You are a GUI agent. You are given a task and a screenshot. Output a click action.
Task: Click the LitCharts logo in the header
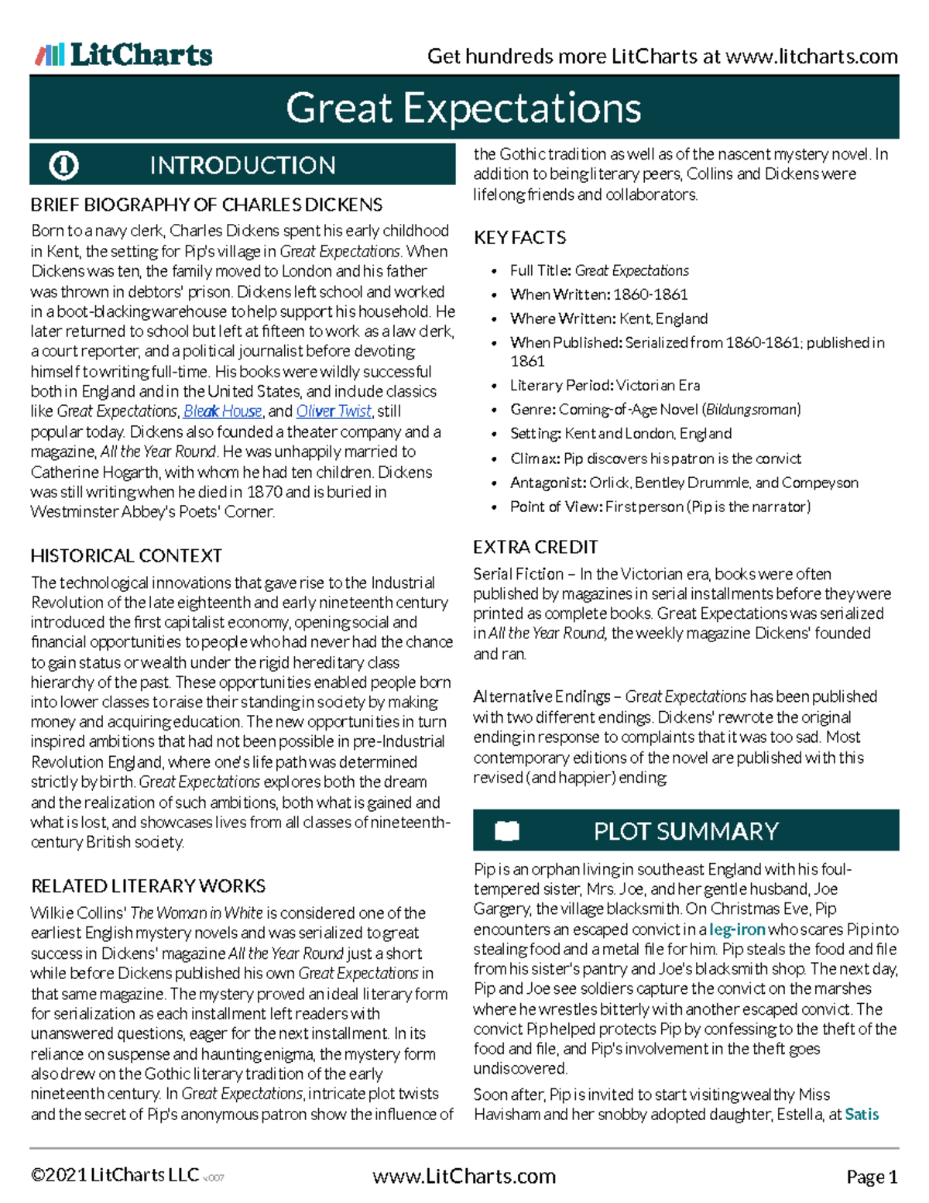click(x=124, y=55)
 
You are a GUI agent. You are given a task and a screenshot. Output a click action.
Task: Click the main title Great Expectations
click(x=464, y=108)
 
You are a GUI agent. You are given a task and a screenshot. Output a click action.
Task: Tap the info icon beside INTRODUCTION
click(x=63, y=165)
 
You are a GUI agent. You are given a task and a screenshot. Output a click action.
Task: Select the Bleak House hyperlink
click(x=223, y=411)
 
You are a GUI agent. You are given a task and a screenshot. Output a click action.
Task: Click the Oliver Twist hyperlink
click(x=334, y=411)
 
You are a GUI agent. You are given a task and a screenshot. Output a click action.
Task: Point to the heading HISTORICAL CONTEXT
click(x=126, y=555)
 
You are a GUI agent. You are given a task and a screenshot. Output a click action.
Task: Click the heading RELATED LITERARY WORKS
click(x=148, y=885)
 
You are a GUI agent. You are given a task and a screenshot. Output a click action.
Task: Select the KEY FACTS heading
click(x=519, y=238)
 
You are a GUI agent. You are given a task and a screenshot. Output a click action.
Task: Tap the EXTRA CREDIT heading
click(x=535, y=547)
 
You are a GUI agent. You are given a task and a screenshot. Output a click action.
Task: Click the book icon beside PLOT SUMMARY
click(x=507, y=830)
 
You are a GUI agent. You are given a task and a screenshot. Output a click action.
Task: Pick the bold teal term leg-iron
click(x=737, y=929)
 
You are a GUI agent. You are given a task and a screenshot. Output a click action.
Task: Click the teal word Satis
click(x=862, y=1114)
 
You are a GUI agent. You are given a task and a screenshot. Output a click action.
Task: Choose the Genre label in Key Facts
click(x=533, y=409)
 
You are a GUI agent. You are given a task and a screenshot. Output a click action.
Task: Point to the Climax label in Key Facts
click(x=535, y=459)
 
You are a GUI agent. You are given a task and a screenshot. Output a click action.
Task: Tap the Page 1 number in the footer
click(x=872, y=1177)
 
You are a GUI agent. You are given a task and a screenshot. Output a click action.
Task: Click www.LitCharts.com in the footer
click(x=464, y=1176)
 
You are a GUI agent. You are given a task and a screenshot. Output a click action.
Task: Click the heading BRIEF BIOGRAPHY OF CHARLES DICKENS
click(x=206, y=205)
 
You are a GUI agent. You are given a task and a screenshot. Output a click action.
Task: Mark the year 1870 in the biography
click(x=264, y=492)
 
